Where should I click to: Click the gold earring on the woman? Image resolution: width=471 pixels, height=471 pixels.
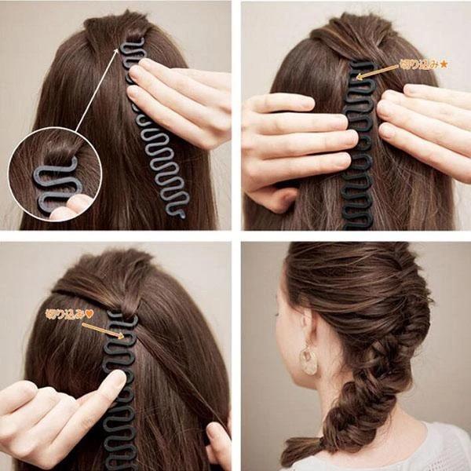point(309,360)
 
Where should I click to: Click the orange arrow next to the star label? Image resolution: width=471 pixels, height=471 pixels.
point(378,72)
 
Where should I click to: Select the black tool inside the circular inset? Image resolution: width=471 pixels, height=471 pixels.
point(55,184)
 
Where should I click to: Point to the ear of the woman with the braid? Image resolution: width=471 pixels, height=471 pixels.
point(305,323)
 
